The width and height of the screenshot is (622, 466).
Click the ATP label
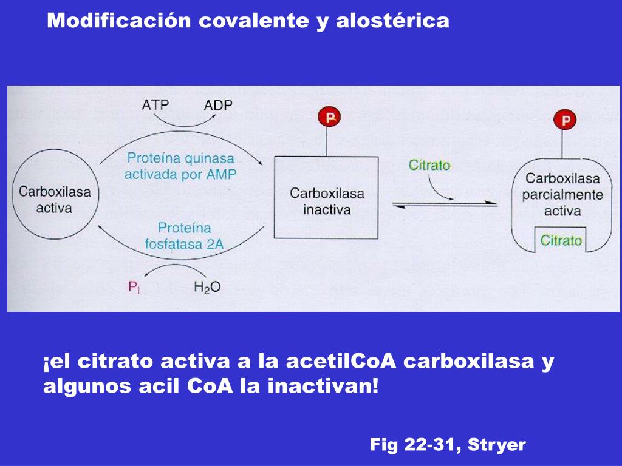click(155, 104)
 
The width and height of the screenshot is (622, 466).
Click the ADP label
click(218, 105)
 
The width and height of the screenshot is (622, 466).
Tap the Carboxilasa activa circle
click(12, 194)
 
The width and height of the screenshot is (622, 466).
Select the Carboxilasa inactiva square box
click(275, 197)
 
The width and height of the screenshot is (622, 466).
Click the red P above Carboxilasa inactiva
click(329, 117)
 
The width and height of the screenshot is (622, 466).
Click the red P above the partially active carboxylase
click(565, 120)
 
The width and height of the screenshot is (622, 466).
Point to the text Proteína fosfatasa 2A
click(184, 236)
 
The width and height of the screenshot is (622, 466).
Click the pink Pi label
click(134, 287)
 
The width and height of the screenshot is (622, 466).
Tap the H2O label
click(207, 287)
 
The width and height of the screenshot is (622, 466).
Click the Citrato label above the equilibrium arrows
click(429, 165)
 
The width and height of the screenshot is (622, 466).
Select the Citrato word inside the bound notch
click(561, 240)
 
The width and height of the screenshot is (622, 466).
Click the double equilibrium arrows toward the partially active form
click(445, 204)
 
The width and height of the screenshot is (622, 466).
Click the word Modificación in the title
click(118, 20)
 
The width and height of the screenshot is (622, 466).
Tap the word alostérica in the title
click(392, 21)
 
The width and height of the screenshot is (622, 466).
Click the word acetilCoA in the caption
click(341, 361)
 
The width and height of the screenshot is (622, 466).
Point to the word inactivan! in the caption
click(323, 385)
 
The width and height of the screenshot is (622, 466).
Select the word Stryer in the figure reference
click(497, 445)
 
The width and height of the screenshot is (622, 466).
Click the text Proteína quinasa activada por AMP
click(180, 166)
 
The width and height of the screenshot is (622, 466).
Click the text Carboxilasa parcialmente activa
click(562, 194)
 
